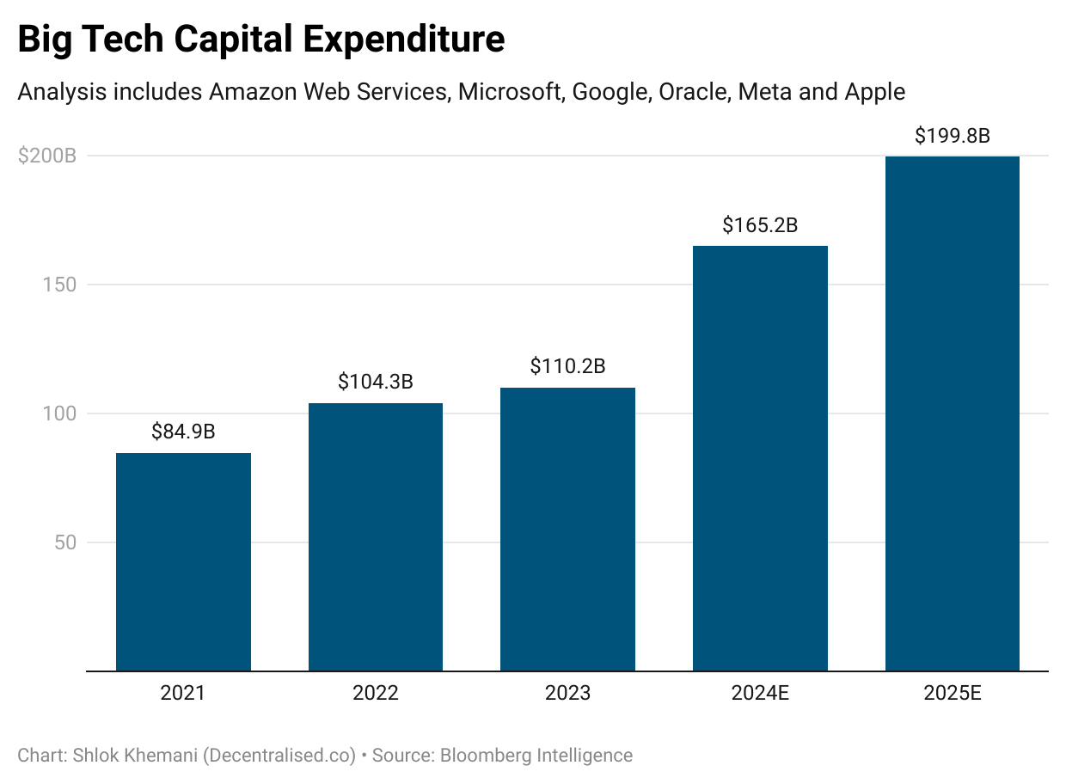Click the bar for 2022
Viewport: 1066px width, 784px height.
point(376,536)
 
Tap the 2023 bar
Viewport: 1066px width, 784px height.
point(567,529)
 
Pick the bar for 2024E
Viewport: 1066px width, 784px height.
point(760,458)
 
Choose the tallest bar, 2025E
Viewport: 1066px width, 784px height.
point(952,413)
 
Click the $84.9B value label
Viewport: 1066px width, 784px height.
point(183,432)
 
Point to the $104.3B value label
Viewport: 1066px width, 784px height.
point(376,382)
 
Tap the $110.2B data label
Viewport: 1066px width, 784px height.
point(567,366)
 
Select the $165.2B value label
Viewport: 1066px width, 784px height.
point(760,225)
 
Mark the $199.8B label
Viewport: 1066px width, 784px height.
point(952,136)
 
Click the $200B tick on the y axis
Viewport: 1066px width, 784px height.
point(47,156)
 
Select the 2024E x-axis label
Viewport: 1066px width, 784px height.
point(760,693)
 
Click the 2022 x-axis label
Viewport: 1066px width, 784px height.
point(376,693)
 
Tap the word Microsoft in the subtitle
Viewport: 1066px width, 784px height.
point(509,91)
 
